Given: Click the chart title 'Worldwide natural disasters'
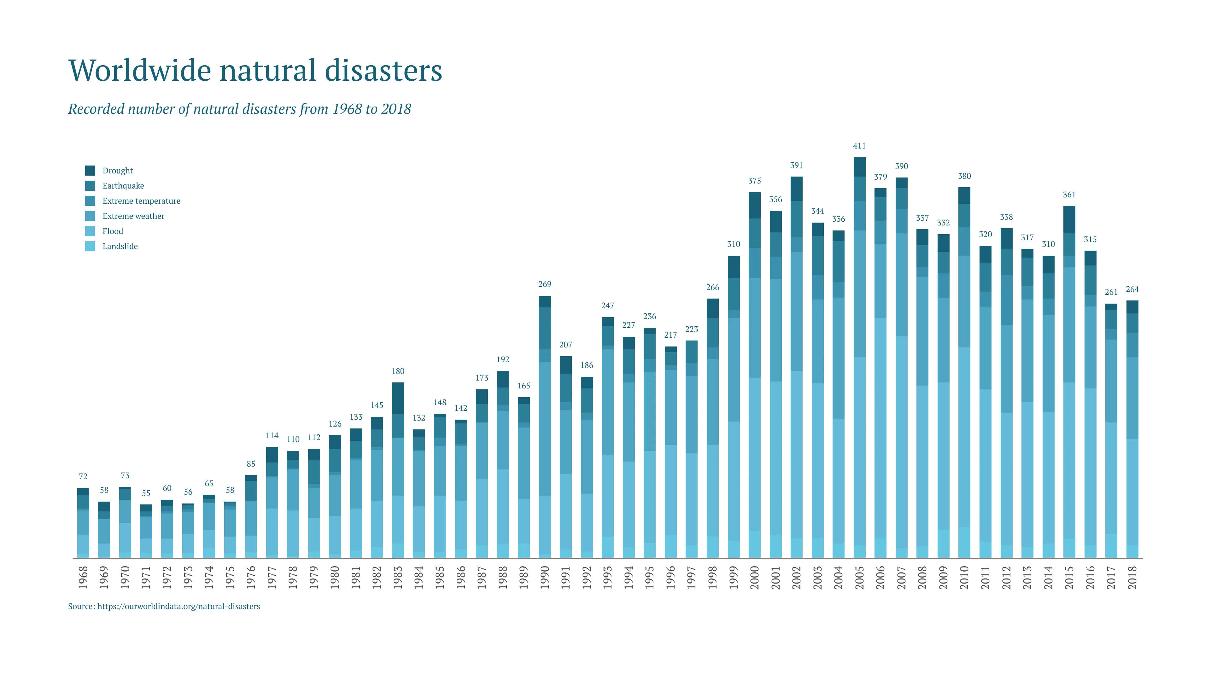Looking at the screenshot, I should (255, 71).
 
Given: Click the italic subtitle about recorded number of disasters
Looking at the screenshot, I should (239, 109).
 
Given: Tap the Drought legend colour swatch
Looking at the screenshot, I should (90, 171).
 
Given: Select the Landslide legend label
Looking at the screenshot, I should (120, 246).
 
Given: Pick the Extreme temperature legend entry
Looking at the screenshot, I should (141, 201).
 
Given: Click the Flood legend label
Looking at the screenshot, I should (113, 231).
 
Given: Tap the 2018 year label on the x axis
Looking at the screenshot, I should (1132, 578).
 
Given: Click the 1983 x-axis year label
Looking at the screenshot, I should (398, 578).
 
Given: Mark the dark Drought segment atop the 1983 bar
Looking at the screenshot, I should (398, 398).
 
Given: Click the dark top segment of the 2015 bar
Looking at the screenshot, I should (1069, 219).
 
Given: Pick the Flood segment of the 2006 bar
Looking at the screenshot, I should (880, 428).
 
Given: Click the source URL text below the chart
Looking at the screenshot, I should (164, 606).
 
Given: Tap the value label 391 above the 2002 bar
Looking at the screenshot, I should (796, 166).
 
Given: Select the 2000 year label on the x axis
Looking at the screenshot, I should (754, 578).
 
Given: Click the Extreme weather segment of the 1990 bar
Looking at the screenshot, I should (544, 428).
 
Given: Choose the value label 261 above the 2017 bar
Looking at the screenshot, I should (1111, 292).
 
